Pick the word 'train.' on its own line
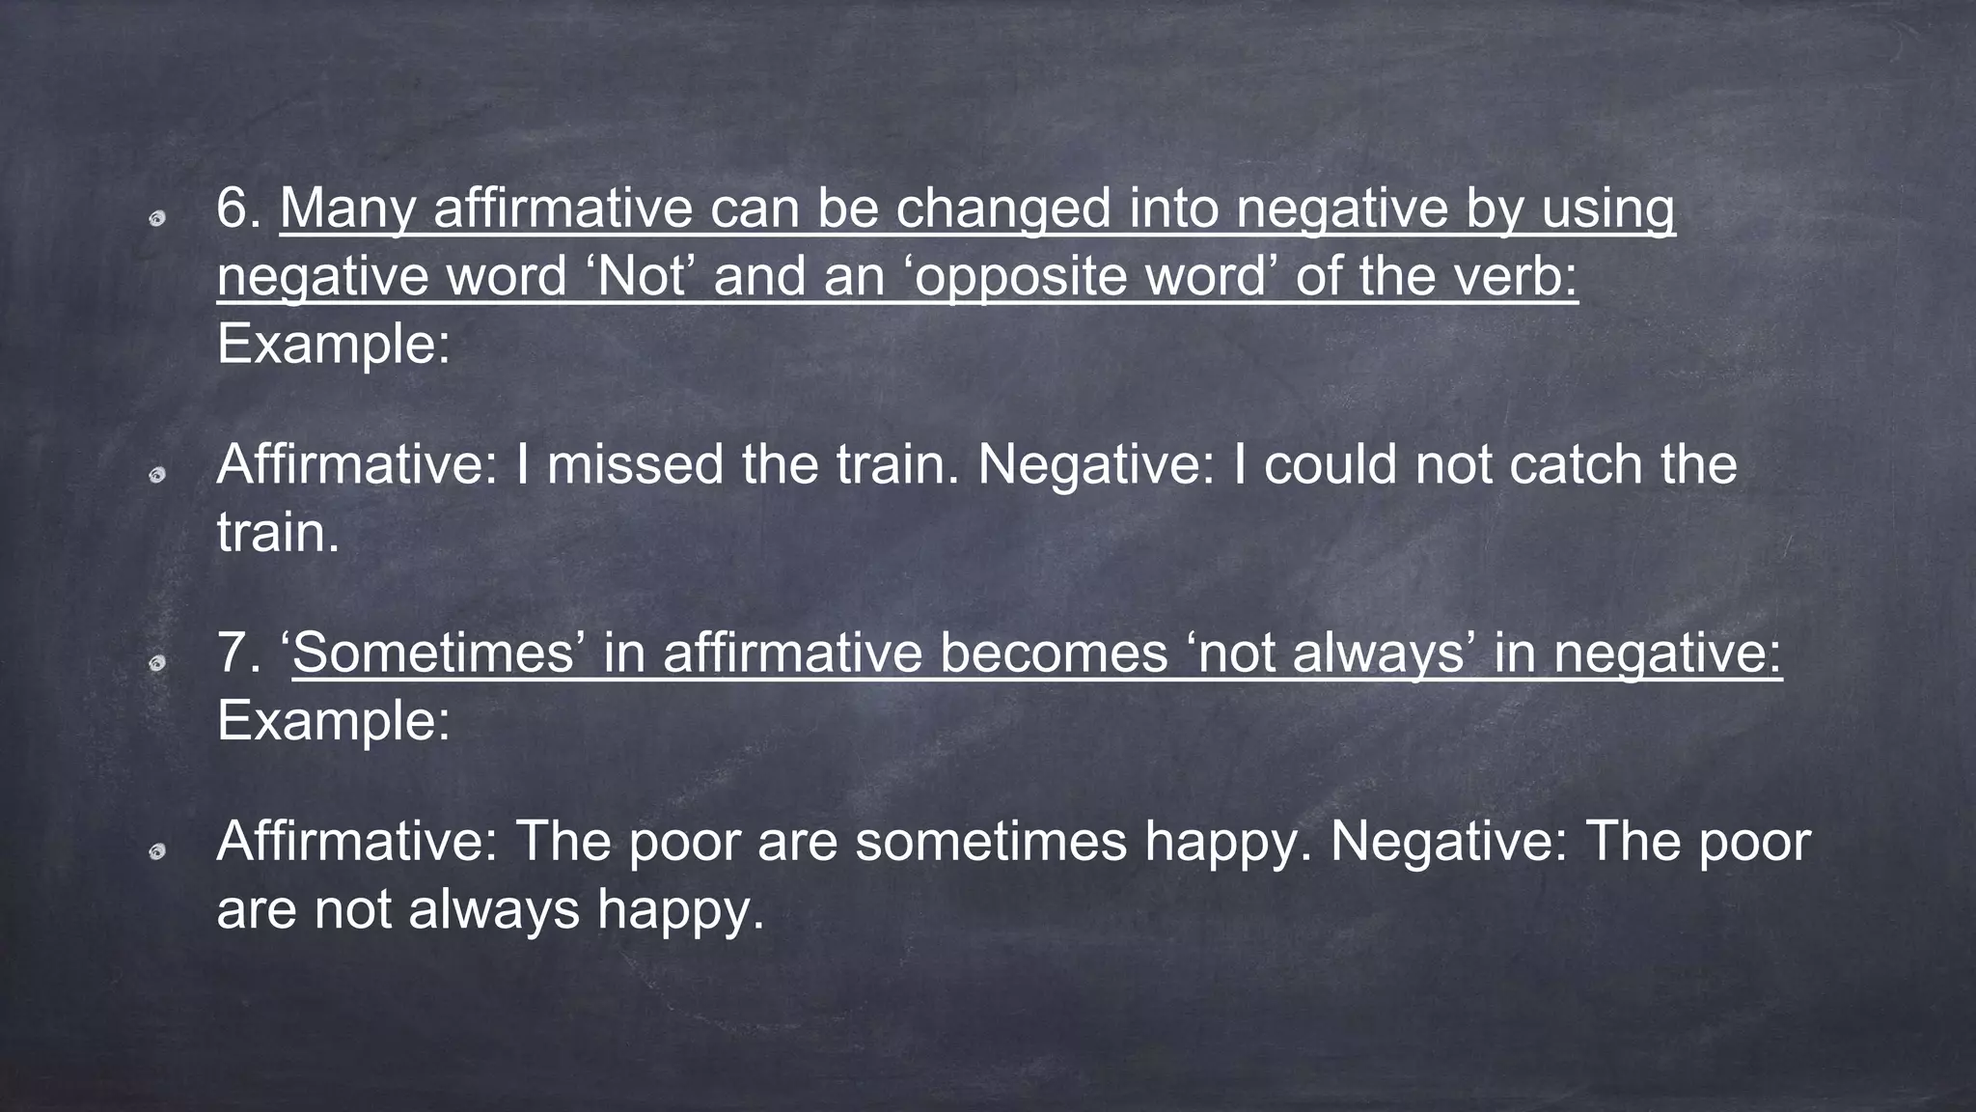point(278,532)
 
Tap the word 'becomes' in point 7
point(1054,653)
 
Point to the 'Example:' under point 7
point(333,720)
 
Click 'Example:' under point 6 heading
point(333,344)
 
